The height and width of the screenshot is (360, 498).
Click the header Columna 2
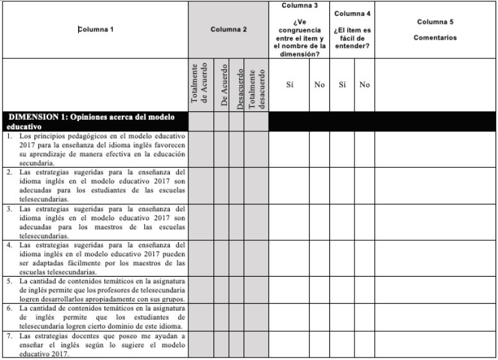(x=228, y=29)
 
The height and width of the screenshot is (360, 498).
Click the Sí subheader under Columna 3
(x=289, y=85)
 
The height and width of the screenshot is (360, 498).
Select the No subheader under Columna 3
(x=319, y=85)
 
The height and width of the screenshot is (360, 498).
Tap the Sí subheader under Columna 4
(x=342, y=85)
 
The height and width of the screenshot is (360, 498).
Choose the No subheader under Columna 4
(x=364, y=85)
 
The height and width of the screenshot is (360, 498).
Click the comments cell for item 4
(x=435, y=258)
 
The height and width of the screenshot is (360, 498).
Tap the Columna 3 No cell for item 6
(x=319, y=316)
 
